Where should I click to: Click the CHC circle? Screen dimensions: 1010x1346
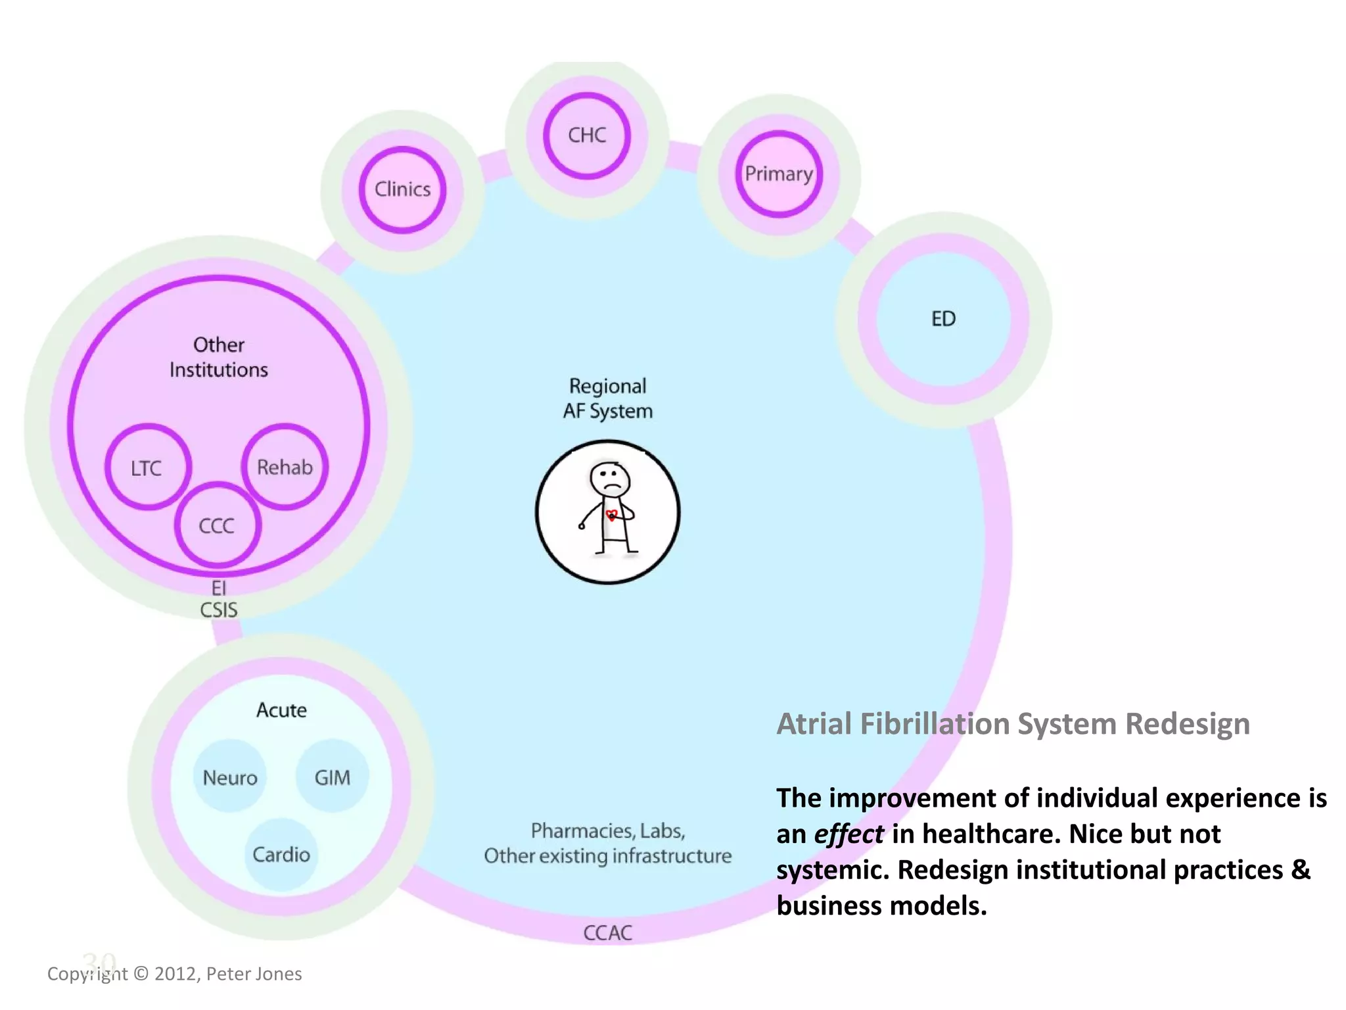coord(587,135)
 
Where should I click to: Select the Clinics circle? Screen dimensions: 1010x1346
coord(402,189)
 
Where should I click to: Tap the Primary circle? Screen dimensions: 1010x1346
coord(779,174)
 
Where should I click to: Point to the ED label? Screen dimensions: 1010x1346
coord(943,319)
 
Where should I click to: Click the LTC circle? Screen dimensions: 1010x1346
coord(148,468)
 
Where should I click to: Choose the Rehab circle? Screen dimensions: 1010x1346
coord(285,467)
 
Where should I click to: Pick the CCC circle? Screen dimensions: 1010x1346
coord(218,525)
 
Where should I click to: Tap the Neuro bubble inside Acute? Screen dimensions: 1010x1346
coord(230,777)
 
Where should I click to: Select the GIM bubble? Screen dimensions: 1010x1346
coord(333,777)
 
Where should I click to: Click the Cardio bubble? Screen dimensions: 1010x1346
coord(281,854)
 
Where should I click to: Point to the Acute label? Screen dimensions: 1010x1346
coord(281,710)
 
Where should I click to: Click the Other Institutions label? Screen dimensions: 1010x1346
coord(219,357)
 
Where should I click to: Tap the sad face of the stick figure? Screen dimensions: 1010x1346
coord(611,478)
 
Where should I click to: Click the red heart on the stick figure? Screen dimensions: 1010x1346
coord(611,515)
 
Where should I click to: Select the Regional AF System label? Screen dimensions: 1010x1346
coord(608,398)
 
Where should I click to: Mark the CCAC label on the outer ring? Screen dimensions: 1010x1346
coord(608,932)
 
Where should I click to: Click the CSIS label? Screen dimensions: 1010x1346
coord(219,610)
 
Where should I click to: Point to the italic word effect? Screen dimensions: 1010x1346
coord(848,834)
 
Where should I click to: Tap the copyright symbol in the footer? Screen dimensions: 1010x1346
coord(141,973)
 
